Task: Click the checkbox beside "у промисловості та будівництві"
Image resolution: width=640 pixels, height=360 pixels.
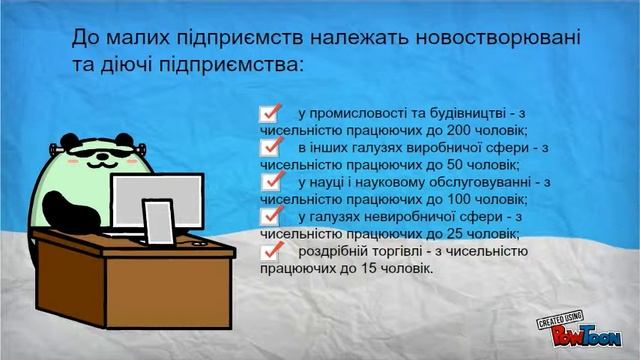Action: point(269,113)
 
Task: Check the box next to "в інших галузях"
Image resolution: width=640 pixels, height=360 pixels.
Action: point(269,148)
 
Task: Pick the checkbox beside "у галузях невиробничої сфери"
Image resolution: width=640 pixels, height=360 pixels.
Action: point(269,217)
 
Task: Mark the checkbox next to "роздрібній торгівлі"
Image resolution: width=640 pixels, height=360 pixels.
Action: point(269,251)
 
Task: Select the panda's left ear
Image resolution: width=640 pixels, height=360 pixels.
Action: point(67,143)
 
